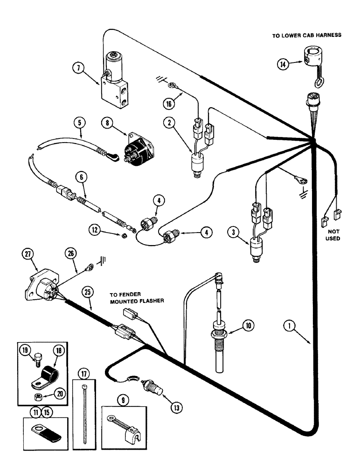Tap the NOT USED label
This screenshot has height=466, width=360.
332,235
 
